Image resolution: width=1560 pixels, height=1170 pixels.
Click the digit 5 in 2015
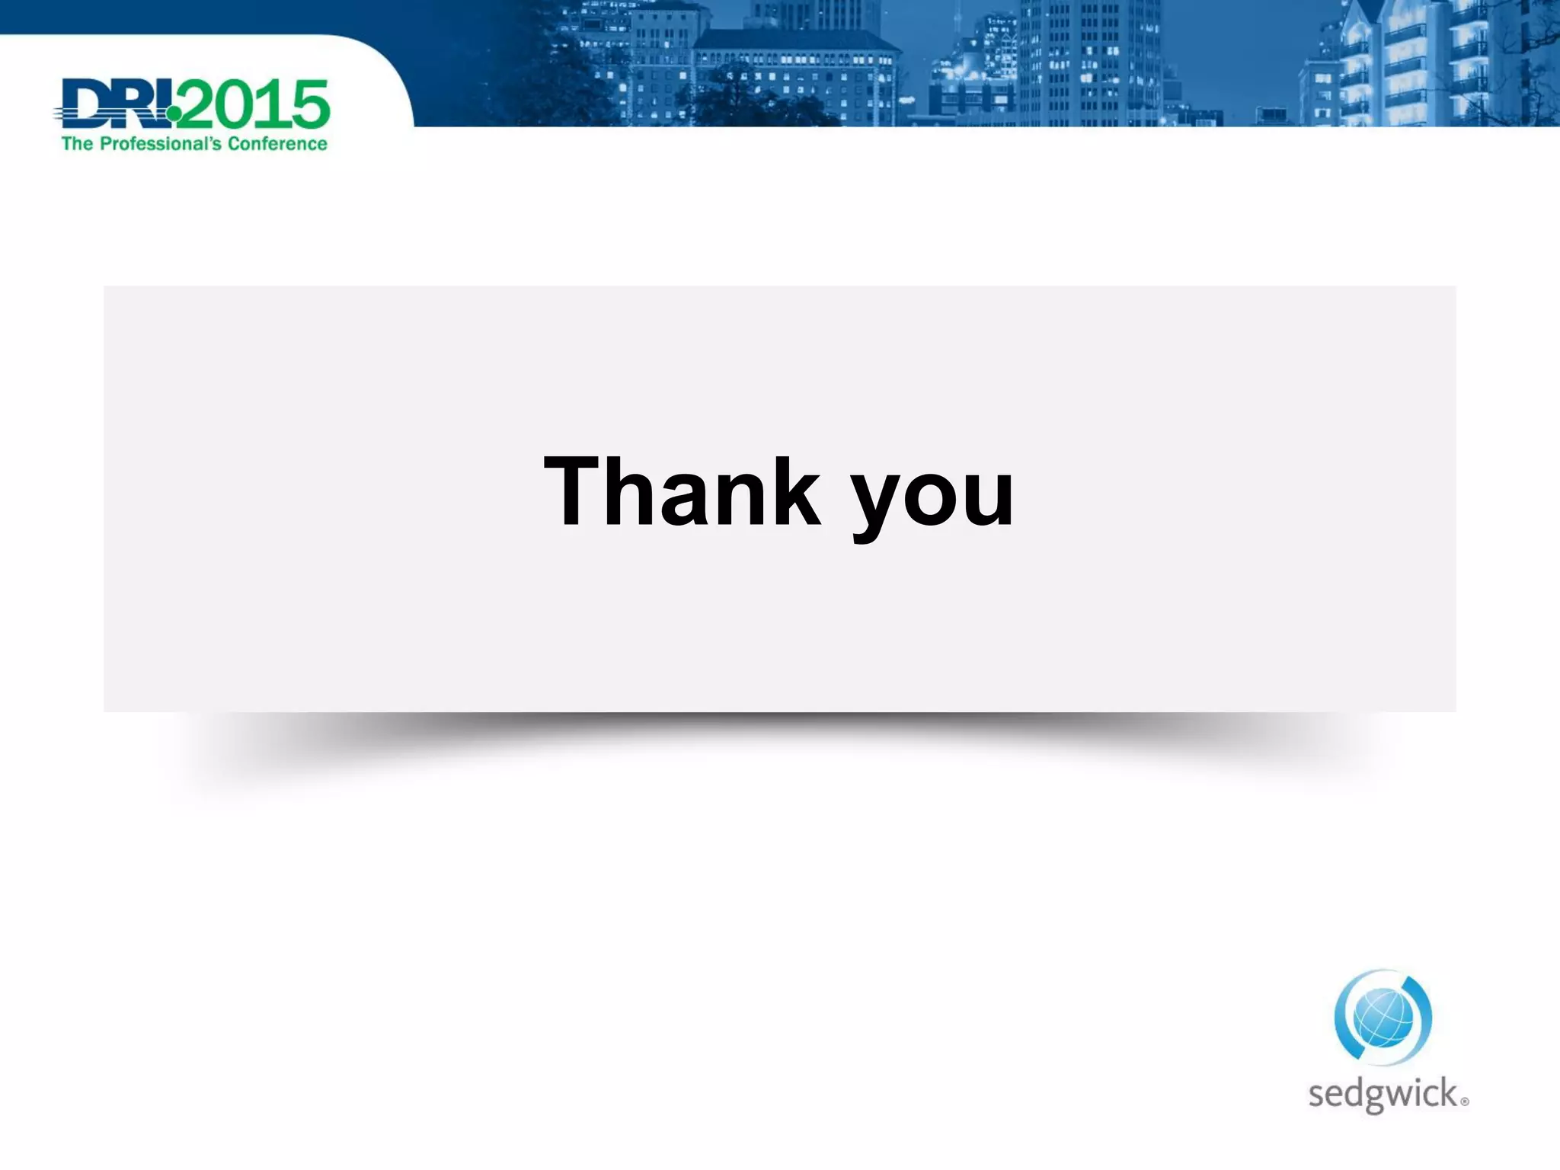click(309, 104)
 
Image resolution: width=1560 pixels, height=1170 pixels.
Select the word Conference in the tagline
click(277, 144)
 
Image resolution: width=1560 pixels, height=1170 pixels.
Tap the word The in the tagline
click(77, 144)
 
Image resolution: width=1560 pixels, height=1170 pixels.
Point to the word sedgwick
click(1383, 1095)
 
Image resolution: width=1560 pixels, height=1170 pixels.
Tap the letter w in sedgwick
click(1400, 1095)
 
